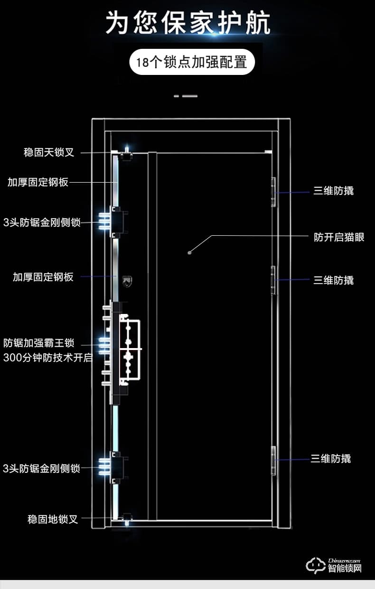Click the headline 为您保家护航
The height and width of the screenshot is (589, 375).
point(187,23)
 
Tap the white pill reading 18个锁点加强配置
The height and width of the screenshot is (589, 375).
point(192,62)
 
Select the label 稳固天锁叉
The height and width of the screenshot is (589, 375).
point(49,153)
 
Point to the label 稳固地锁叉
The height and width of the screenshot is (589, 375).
point(53,519)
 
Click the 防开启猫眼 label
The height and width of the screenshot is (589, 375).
point(339,237)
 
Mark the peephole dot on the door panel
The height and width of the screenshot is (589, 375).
point(189,253)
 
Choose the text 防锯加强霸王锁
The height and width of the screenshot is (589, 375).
point(38,343)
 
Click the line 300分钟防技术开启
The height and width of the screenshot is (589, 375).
point(47,358)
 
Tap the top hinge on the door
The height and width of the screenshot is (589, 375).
point(273,192)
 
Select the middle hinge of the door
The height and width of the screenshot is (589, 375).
point(273,280)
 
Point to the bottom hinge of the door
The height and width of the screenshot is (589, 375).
point(273,460)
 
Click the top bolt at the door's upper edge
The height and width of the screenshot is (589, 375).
point(126,156)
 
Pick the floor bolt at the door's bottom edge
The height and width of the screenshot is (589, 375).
point(127,518)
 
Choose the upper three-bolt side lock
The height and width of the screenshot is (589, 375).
point(114,221)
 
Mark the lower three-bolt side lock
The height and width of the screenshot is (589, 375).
point(114,467)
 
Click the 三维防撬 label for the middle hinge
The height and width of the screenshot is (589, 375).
point(333,280)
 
